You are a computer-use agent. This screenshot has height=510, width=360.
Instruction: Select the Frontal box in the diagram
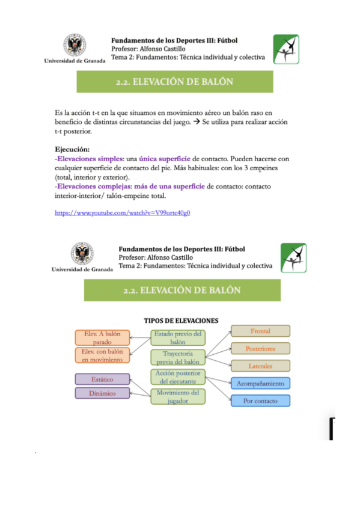click(x=261, y=331)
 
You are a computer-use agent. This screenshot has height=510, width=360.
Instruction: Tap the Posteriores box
click(x=261, y=348)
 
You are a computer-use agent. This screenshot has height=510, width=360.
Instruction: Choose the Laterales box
click(x=261, y=366)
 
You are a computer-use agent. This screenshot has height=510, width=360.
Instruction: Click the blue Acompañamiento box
click(x=261, y=383)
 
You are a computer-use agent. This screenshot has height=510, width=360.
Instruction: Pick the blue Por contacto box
click(x=261, y=401)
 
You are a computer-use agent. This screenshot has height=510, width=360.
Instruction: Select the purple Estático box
click(x=102, y=379)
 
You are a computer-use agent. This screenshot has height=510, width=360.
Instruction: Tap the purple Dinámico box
click(x=102, y=393)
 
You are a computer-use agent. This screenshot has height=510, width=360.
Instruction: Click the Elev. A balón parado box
click(x=102, y=338)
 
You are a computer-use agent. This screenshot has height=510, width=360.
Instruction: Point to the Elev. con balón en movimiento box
click(x=102, y=355)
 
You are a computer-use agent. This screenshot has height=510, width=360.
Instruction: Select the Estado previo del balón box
click(x=178, y=337)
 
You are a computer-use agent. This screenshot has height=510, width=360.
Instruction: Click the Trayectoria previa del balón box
click(x=178, y=357)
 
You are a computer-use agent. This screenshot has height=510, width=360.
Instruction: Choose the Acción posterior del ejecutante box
click(x=178, y=377)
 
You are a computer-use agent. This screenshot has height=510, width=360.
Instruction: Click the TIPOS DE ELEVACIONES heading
click(x=180, y=320)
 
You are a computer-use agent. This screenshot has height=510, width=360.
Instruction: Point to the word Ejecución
click(x=72, y=150)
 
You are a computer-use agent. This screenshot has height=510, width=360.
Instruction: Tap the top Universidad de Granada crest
click(x=75, y=45)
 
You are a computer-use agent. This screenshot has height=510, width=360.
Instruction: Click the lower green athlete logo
click(x=293, y=258)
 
